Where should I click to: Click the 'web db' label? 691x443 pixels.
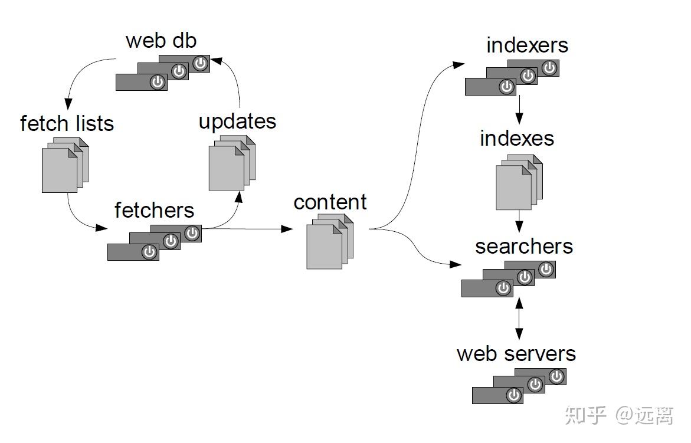(x=161, y=41)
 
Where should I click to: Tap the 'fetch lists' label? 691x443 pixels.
(x=67, y=123)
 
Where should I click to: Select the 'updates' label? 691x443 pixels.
(x=238, y=122)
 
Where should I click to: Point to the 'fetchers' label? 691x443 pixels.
(x=154, y=210)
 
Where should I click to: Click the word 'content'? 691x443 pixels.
(x=330, y=202)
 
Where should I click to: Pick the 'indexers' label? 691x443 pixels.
(x=527, y=45)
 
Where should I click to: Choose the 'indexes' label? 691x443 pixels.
(x=516, y=138)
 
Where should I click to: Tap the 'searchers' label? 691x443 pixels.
(x=524, y=246)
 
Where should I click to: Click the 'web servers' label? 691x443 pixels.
(x=516, y=353)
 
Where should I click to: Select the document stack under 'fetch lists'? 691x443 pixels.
(x=66, y=165)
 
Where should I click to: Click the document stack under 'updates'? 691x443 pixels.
(x=232, y=163)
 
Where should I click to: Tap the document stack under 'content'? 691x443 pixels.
(x=330, y=241)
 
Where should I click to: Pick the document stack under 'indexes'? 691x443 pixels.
(x=519, y=182)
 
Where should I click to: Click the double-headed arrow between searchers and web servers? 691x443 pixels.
(x=519, y=319)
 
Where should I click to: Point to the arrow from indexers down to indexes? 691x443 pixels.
(x=519, y=109)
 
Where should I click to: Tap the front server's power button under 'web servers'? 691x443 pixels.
(x=513, y=395)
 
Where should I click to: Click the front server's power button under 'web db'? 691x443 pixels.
(x=158, y=82)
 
